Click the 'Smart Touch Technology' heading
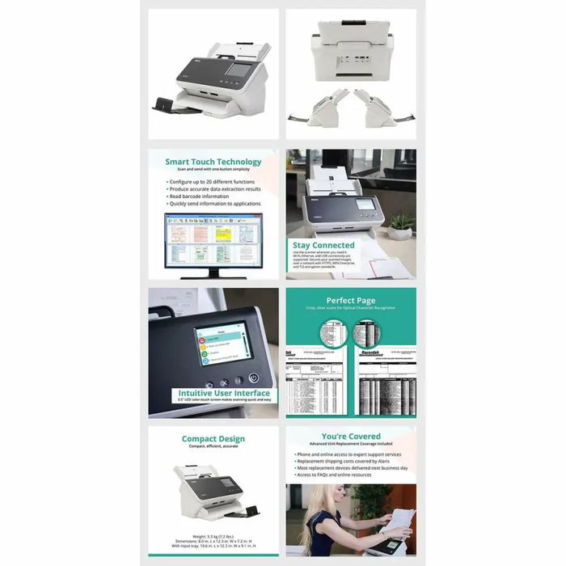[213, 162]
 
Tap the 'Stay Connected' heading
[323, 245]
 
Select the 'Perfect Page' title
[351, 300]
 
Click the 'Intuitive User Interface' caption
[213, 392]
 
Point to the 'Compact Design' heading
[213, 439]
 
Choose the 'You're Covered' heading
[351, 437]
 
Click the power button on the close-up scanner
[253, 377]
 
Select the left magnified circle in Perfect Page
[332, 332]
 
